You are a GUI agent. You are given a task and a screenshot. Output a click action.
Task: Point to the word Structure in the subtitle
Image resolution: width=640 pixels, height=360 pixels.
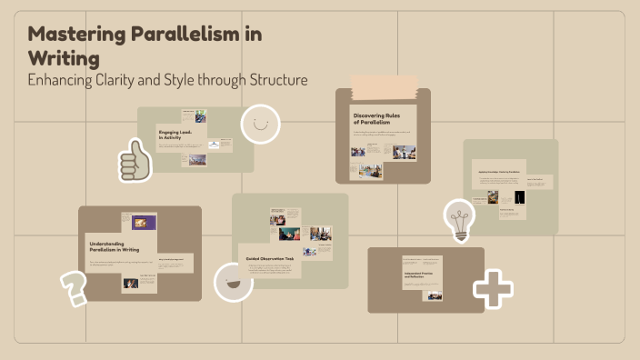click(274, 80)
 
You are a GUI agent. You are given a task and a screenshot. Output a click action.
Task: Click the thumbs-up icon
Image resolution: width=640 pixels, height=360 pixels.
click(135, 161)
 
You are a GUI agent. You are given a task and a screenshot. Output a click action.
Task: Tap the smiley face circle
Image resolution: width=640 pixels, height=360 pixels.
click(260, 125)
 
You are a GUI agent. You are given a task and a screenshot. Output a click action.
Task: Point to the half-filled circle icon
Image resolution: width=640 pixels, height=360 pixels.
click(233, 281)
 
